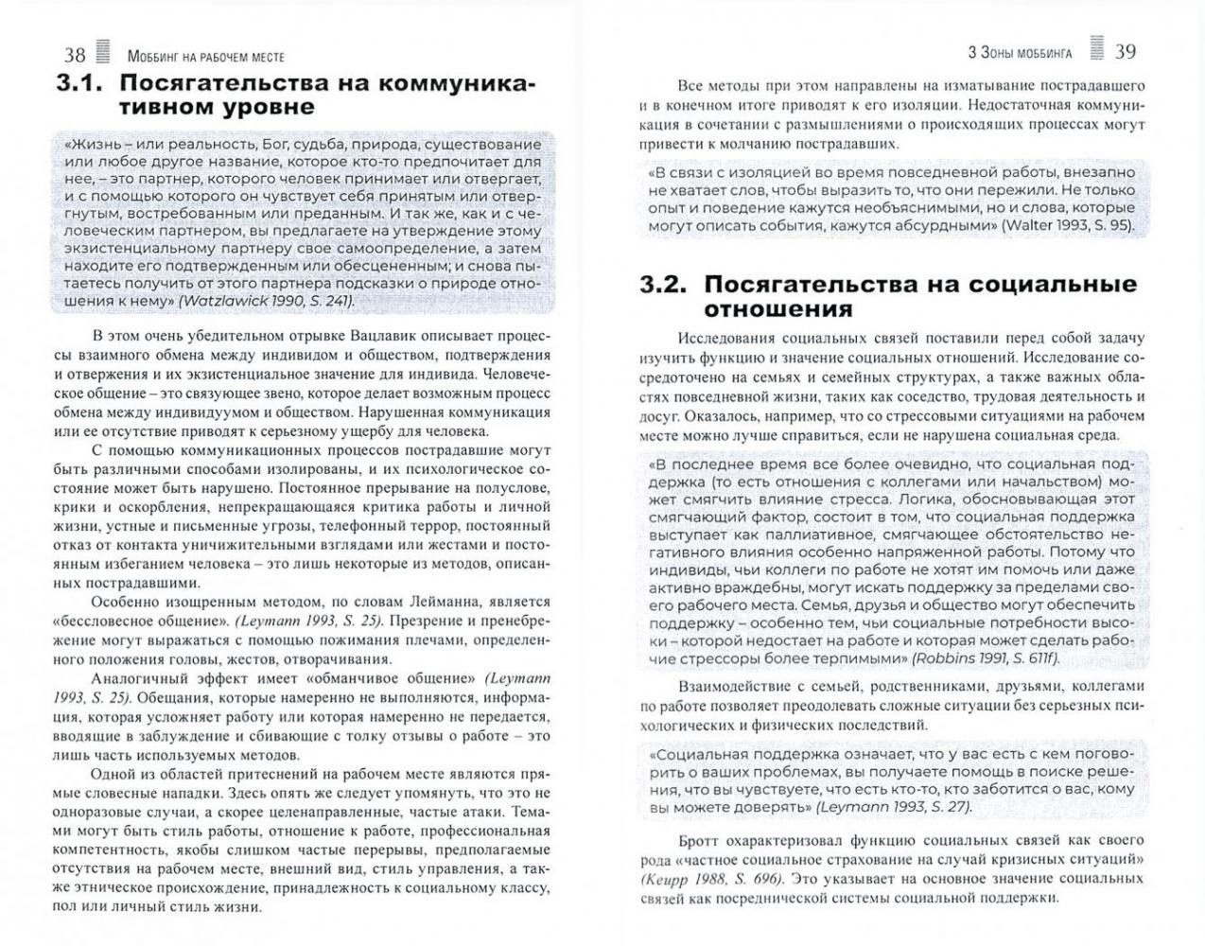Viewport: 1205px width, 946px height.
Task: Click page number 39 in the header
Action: pyautogui.click(x=1126, y=51)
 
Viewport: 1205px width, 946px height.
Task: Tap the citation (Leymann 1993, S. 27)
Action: pyautogui.click(x=893, y=807)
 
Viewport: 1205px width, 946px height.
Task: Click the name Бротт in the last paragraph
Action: pyautogui.click(x=700, y=839)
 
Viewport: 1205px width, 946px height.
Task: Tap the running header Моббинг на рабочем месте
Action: pyautogui.click(x=205, y=57)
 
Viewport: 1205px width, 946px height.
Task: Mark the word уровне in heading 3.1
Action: pyautogui.click(x=264, y=108)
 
